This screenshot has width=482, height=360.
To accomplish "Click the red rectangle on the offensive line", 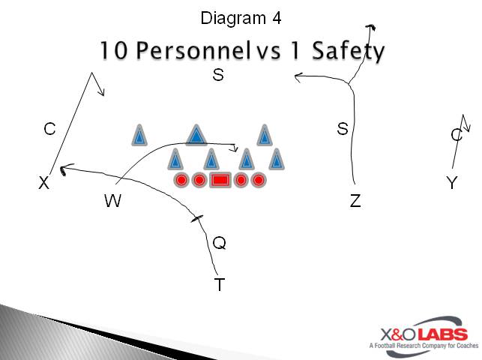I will [220, 180].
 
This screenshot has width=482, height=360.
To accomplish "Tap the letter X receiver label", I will [44, 183].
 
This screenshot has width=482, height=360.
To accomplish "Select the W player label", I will [112, 200].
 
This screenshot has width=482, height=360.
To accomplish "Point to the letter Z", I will [355, 200].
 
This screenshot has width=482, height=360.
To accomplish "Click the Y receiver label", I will [451, 183].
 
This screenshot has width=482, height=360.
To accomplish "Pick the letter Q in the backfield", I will [219, 243].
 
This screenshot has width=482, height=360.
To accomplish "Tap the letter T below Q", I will [220, 284].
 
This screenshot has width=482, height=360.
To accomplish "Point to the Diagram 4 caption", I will [241, 17].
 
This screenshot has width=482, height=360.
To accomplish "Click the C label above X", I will [49, 129].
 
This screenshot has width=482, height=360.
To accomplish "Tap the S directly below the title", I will [218, 75].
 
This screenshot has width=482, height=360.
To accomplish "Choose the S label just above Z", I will [343, 129].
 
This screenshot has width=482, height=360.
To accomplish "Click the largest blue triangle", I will [196, 135].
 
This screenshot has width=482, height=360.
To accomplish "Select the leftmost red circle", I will [181, 180].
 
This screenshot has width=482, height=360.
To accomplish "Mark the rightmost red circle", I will [259, 180].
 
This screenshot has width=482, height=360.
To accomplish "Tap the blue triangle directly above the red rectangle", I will [211, 160].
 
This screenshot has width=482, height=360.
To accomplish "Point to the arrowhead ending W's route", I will [235, 147].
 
